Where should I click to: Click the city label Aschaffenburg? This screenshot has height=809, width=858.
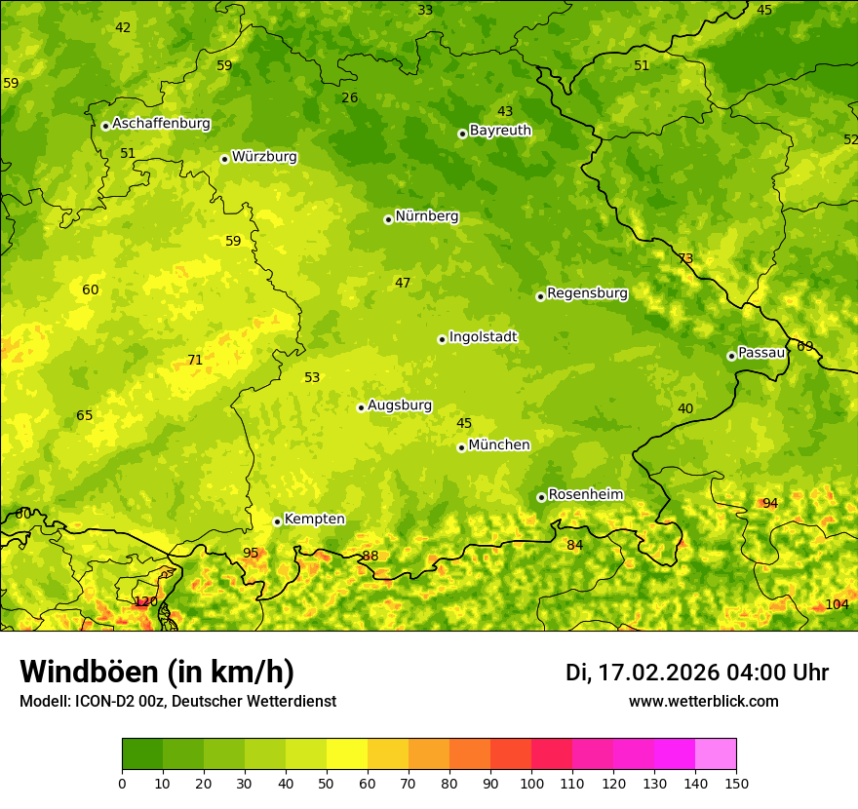point(161,124)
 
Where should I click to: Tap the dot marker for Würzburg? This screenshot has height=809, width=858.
point(224,159)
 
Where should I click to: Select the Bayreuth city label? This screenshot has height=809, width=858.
point(500,131)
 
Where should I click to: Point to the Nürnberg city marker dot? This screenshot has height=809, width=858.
point(388,219)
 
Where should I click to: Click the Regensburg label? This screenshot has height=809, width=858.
point(587,293)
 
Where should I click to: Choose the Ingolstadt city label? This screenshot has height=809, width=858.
point(483,337)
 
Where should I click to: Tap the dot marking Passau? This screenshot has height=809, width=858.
point(731,356)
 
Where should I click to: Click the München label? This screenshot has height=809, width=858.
point(499,445)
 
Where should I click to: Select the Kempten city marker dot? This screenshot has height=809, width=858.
point(277,521)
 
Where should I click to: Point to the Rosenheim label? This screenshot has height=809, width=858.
point(585,495)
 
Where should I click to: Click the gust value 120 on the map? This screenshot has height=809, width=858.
point(145,601)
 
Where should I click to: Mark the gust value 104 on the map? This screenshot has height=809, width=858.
point(837,604)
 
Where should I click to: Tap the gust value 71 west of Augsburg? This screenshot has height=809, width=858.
point(195,360)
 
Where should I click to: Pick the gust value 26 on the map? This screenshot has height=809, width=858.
point(350,97)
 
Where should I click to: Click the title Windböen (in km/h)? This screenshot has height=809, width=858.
point(157,672)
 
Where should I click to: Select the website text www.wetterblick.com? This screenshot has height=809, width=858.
point(703,702)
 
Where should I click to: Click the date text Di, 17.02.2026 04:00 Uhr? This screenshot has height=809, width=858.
point(697,673)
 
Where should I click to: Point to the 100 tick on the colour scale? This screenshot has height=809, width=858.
point(531,783)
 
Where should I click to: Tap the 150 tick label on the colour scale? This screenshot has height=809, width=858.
point(736,783)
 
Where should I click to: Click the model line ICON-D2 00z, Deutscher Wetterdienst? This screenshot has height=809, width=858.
point(177,702)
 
